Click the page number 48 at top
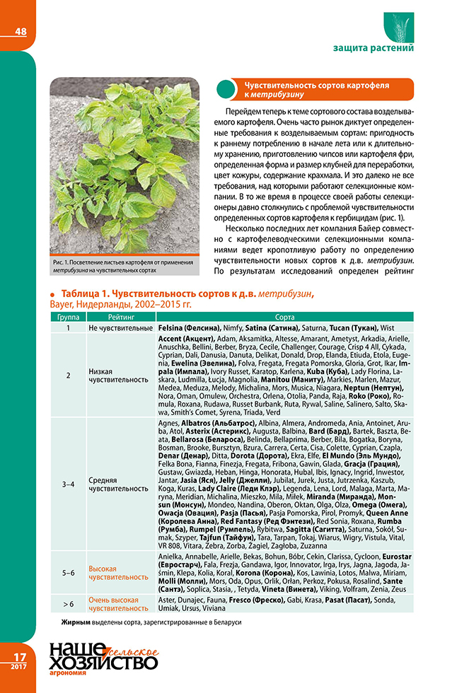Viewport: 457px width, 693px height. [x=20, y=31]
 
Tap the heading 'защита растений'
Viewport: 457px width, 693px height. [x=373, y=48]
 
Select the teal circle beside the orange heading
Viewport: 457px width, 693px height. [x=225, y=89]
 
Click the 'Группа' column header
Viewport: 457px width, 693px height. [x=68, y=318]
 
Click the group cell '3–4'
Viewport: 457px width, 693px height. [x=68, y=484]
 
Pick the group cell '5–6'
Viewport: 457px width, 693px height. [x=68, y=573]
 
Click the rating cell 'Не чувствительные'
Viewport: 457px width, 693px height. [x=121, y=329]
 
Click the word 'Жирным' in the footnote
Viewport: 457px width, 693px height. [x=76, y=622]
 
